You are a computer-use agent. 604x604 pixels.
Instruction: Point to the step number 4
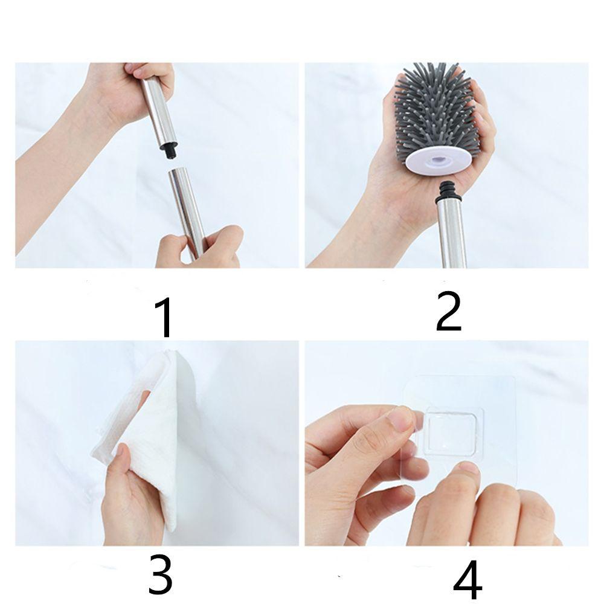(467, 579)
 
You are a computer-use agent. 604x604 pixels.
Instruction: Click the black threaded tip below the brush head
(446, 190)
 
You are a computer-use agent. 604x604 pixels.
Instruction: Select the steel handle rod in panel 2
(451, 233)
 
